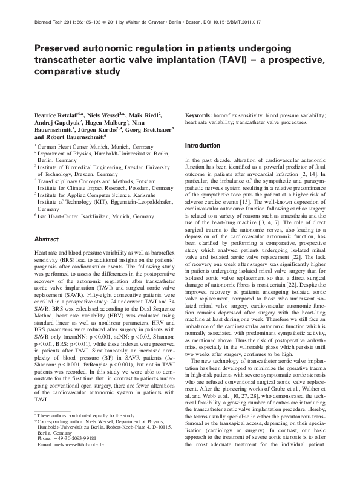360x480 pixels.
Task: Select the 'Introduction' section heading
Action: point(202,146)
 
